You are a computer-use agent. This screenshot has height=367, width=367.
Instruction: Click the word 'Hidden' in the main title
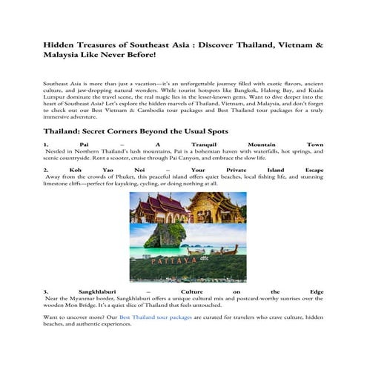(x=59, y=44)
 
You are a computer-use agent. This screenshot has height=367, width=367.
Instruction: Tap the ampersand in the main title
(x=320, y=44)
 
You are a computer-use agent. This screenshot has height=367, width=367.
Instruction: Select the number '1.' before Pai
(x=46, y=143)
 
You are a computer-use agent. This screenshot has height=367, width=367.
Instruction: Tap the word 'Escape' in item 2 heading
(x=311, y=169)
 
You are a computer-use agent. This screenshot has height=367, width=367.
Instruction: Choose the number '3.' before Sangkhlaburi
(x=46, y=291)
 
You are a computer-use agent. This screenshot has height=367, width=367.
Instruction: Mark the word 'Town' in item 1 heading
(x=314, y=143)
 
